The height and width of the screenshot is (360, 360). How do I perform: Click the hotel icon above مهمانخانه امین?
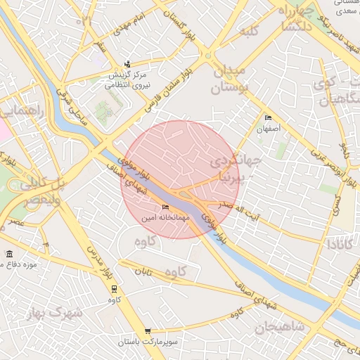point(165,207)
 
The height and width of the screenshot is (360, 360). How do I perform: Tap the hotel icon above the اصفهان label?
point(267,118)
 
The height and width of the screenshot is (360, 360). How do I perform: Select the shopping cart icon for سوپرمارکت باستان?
point(147,330)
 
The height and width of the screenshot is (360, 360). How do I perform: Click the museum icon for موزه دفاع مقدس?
point(8,254)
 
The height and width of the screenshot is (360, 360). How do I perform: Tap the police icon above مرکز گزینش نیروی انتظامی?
point(127,63)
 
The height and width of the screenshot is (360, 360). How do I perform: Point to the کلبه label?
point(250,32)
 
